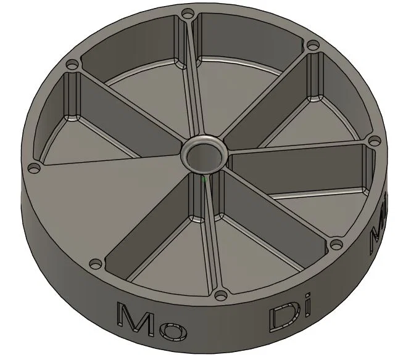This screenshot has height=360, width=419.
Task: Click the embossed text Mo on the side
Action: pyautogui.click(x=152, y=320)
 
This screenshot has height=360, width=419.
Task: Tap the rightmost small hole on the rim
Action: pyautogui.click(x=372, y=141)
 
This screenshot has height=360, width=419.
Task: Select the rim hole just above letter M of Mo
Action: pyautogui.click(x=94, y=264)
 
